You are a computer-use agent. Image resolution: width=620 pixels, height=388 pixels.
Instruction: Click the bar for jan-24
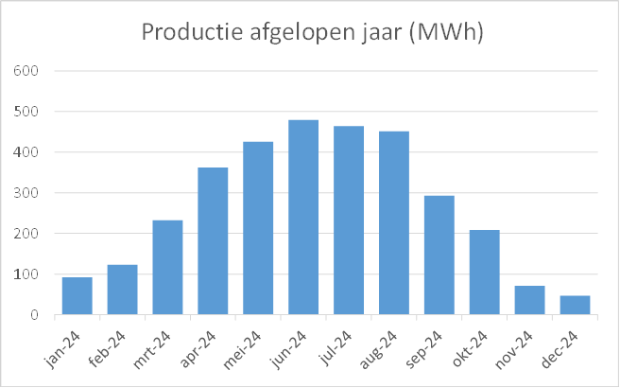(77, 296)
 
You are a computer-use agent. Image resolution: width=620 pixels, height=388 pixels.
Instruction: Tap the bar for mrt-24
(167, 268)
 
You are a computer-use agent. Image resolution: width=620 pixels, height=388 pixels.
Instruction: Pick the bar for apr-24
(213, 241)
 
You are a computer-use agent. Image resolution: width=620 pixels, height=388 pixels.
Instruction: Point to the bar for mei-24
(258, 228)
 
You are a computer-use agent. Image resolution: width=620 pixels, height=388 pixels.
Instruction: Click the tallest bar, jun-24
(303, 218)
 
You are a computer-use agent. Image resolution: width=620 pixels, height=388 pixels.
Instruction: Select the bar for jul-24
(349, 220)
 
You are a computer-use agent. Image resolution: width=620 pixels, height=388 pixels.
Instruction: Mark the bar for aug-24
(394, 223)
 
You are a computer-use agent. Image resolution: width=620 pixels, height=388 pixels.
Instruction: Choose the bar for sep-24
(439, 256)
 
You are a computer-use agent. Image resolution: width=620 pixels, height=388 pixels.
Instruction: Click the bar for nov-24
(530, 300)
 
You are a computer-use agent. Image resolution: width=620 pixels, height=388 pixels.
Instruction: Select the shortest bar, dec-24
(576, 305)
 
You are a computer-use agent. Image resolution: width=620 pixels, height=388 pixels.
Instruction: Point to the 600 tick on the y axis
(26, 71)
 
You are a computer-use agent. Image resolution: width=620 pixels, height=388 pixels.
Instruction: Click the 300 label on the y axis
(26, 193)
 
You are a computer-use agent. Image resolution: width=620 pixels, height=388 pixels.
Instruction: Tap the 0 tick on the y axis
(32, 315)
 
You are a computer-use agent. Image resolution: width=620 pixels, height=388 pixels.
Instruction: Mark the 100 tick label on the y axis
(26, 274)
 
